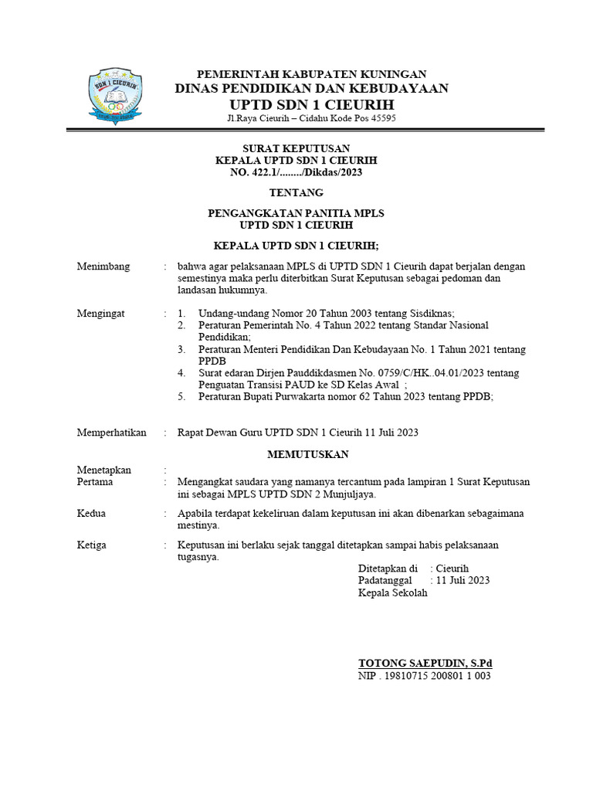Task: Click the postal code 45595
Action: [x=382, y=118]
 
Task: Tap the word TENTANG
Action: [x=296, y=192]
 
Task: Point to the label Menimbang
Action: [x=103, y=266]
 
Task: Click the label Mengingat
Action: [x=100, y=314]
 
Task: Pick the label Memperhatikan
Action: [x=111, y=433]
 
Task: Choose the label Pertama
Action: [x=95, y=482]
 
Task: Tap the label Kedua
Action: [x=91, y=514]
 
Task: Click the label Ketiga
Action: [x=92, y=545]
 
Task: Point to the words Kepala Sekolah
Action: [x=392, y=593]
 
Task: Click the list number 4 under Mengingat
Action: [x=181, y=373]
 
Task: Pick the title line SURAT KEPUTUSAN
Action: [x=296, y=148]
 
